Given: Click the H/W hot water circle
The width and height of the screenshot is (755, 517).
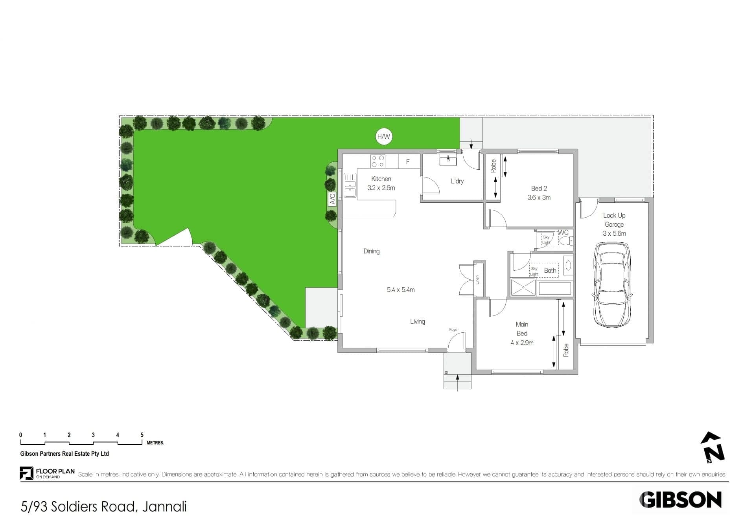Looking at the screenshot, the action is (383, 136).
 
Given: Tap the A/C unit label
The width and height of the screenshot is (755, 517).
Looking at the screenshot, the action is (332, 199).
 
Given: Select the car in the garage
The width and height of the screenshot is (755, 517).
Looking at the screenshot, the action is (612, 285).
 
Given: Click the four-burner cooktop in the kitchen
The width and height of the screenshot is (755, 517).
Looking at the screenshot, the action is (378, 161).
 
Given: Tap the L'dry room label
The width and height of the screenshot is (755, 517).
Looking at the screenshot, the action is (457, 181).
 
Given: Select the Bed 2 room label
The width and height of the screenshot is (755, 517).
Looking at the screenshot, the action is (539, 189).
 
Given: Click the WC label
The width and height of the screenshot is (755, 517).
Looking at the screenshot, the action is (563, 233).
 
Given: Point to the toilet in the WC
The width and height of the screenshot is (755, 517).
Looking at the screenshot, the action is (566, 241).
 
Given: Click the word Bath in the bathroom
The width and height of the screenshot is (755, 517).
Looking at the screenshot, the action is (550, 270).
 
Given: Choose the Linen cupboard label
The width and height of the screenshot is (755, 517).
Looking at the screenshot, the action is (477, 280).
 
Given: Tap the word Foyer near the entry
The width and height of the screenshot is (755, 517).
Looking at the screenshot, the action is (454, 330).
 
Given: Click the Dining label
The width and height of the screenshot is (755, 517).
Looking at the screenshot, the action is (372, 251).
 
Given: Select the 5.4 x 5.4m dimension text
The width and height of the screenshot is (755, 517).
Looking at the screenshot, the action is (401, 290).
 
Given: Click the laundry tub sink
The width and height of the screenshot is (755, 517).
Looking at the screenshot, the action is (448, 160).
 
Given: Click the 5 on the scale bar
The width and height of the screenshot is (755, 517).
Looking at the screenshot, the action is (142, 435).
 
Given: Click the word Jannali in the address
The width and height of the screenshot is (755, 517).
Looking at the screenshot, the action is (164, 506).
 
